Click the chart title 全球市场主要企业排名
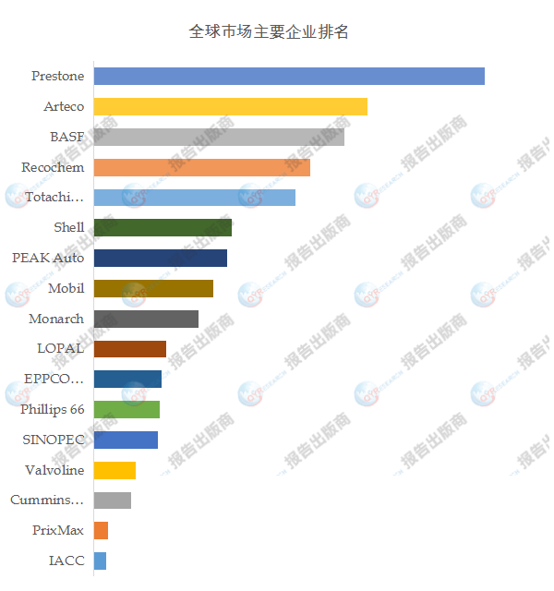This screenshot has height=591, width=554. [x=268, y=31]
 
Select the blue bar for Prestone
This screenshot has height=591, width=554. [x=289, y=76]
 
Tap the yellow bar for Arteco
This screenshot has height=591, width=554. [x=230, y=106]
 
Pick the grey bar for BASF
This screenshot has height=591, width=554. [x=219, y=137]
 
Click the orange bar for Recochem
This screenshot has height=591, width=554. [x=201, y=167]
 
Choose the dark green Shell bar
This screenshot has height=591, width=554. [x=163, y=227]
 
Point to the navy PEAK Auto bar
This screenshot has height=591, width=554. [x=160, y=258]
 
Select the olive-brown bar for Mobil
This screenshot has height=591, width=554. [x=153, y=288]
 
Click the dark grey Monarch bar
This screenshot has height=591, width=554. [x=146, y=319]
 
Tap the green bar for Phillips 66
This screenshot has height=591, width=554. [x=126, y=409]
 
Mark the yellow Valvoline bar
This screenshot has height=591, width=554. [x=114, y=470]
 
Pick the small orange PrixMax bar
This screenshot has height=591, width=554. [x=101, y=530]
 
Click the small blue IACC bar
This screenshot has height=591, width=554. [x=100, y=561]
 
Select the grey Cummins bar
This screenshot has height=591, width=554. [x=112, y=501]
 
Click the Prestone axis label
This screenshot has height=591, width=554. [x=57, y=76]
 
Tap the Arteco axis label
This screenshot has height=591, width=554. [x=64, y=106]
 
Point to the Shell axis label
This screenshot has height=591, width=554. [x=69, y=227]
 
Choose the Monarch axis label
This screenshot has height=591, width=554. [x=56, y=319]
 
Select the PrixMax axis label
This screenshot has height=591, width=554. [x=58, y=530]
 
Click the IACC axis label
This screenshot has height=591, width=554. [x=66, y=561]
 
